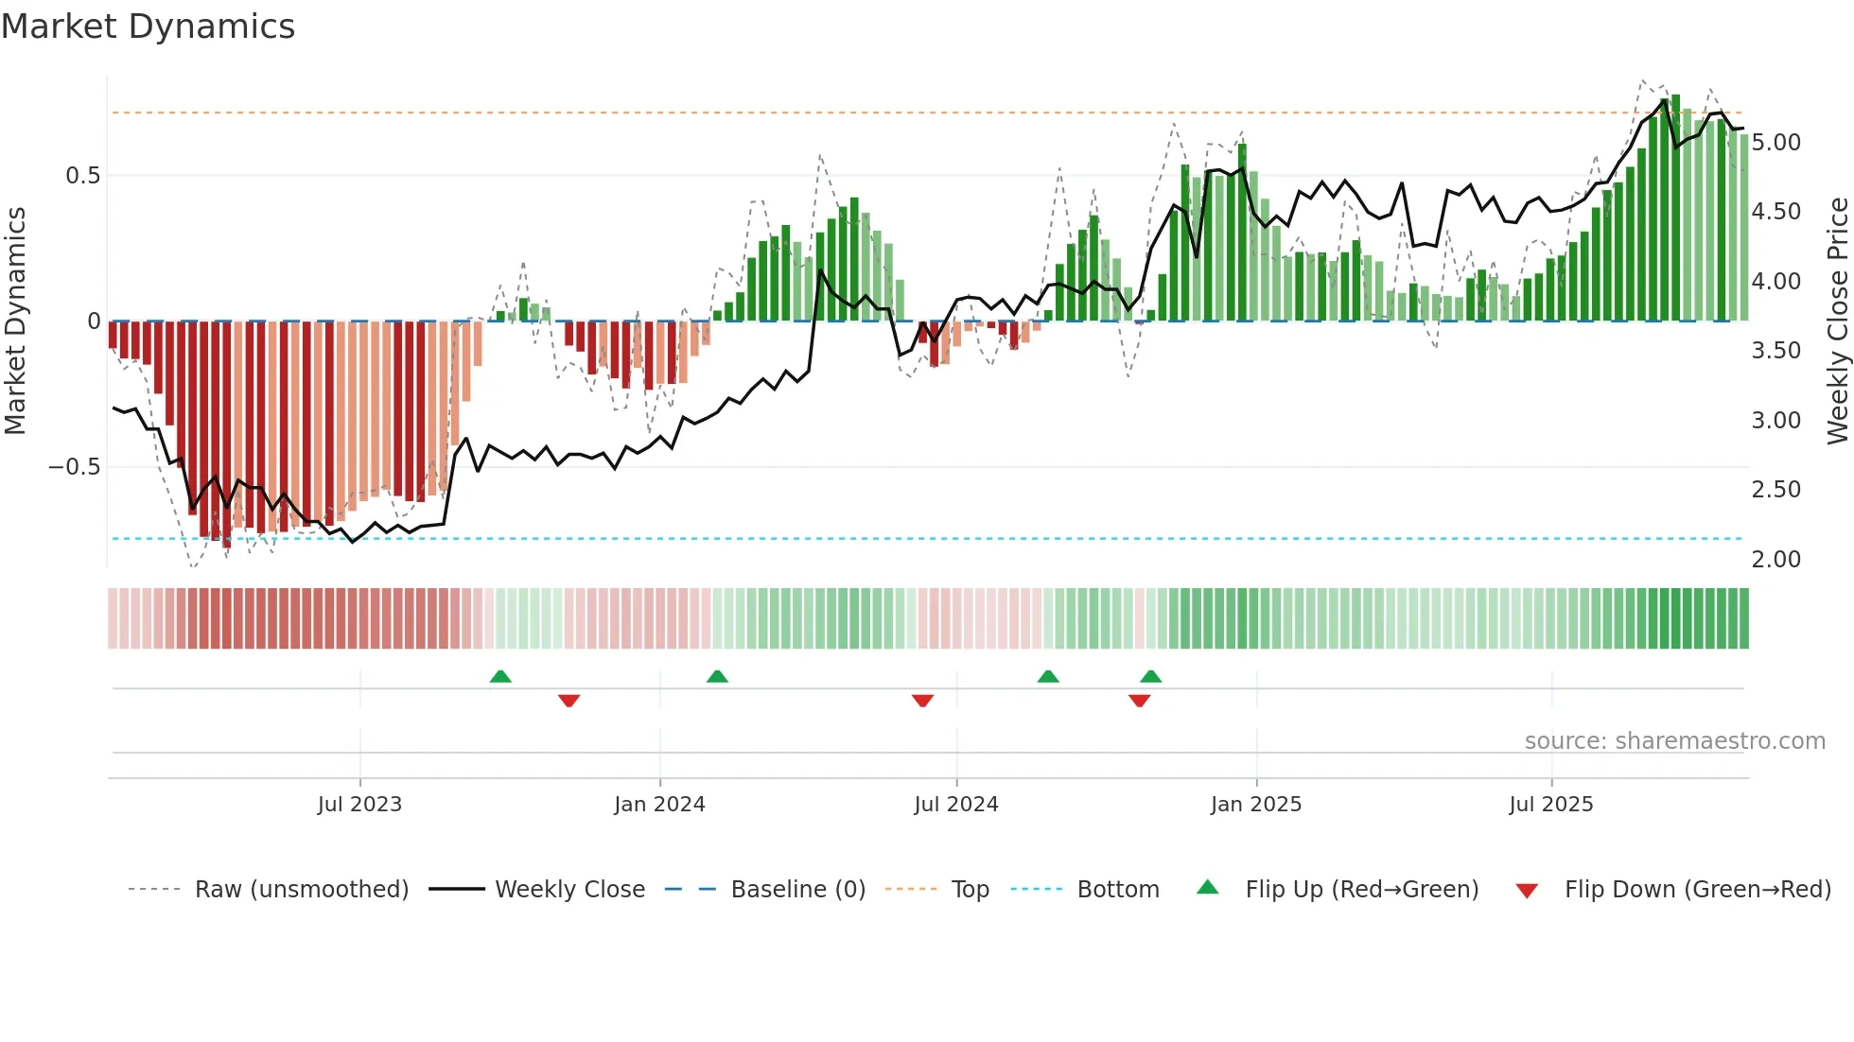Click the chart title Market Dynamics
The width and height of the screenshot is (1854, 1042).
coord(149,26)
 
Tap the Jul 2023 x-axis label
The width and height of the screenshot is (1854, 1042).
coord(359,805)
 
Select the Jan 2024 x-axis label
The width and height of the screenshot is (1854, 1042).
coord(659,805)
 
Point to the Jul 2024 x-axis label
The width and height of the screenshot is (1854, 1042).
coord(956,805)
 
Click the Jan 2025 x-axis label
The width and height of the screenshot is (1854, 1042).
coord(1256,805)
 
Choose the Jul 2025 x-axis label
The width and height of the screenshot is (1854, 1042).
coord(1551,805)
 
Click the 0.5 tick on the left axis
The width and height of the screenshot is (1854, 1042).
coord(82,176)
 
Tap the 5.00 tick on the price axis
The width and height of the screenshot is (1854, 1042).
coord(1775,143)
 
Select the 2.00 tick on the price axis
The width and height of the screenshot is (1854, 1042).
coord(1775,560)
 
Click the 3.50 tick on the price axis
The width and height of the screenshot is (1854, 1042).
coord(1775,351)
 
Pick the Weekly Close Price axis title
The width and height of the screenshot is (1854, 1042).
coord(1837,321)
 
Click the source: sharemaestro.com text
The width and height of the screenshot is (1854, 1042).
coord(1674,741)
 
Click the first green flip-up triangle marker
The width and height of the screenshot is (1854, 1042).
coord(500,676)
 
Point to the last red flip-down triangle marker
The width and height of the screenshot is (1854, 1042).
coord(1139,701)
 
